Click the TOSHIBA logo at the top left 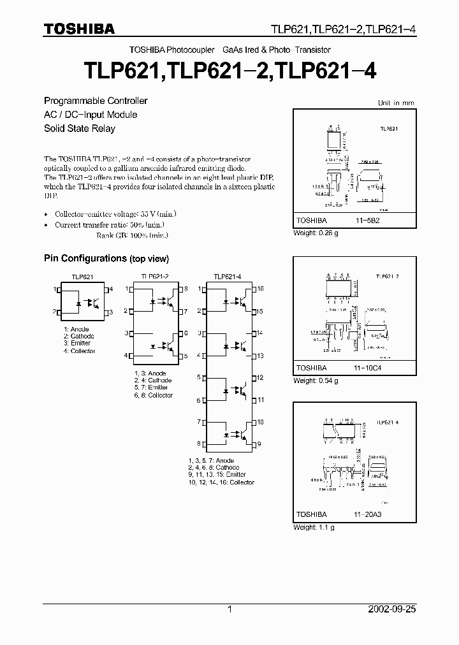78,29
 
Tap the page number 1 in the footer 230,609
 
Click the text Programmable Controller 96,101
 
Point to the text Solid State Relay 79,129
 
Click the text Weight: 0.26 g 316,233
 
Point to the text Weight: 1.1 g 314,527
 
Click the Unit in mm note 395,103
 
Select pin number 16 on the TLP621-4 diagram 260,289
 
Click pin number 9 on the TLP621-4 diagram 259,444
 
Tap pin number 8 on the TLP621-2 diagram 186,289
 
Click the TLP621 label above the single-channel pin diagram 82,277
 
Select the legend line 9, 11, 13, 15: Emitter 217,475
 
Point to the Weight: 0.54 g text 316,380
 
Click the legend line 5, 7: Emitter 151,388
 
